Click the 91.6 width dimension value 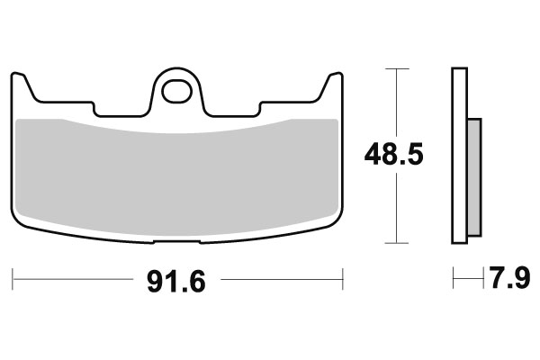177,282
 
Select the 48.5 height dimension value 392,155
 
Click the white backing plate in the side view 458,155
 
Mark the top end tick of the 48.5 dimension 393,67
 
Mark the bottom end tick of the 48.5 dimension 393,243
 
